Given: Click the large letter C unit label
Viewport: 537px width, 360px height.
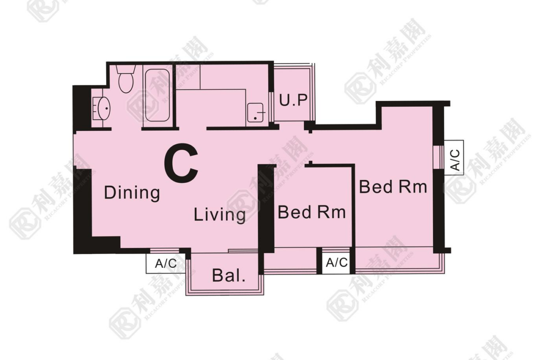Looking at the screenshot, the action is (181, 163).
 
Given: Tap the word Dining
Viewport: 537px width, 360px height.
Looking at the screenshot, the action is (132, 193).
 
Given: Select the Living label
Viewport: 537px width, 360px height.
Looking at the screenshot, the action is (219, 215).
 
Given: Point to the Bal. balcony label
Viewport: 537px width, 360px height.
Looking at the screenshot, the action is (229, 276).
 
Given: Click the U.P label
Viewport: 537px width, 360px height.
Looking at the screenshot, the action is (293, 100).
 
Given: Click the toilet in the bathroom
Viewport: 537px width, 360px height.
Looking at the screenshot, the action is (126, 79).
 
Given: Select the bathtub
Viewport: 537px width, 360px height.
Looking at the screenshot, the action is (157, 95).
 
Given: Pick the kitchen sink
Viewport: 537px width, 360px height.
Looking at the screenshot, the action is (255, 112).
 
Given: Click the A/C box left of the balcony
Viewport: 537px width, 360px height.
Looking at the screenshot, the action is (166, 264).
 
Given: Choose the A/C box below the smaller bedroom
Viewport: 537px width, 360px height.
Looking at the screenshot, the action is (336, 263).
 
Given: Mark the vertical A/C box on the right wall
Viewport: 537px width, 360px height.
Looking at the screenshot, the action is (454, 158).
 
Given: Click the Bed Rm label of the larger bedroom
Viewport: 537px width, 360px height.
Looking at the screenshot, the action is (393, 187).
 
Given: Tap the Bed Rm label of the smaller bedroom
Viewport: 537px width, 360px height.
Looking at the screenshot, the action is (312, 212).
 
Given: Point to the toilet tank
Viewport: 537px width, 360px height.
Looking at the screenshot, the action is (126, 69).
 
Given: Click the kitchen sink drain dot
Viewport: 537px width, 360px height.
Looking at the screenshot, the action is (255, 118).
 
